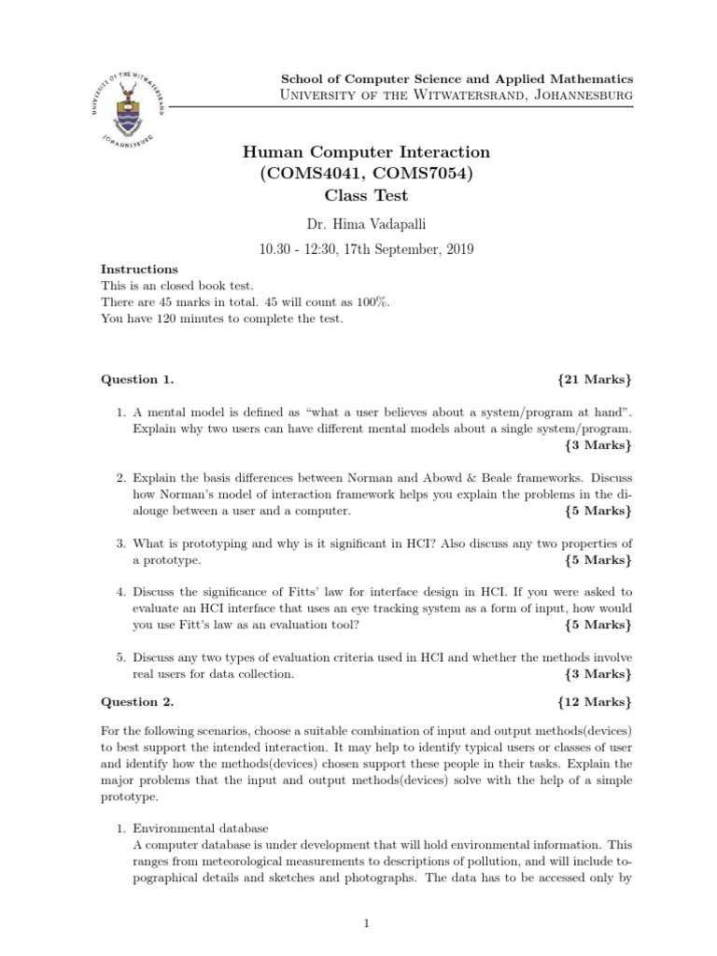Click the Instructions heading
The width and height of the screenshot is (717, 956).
click(x=139, y=269)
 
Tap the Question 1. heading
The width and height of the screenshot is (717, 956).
click(x=137, y=380)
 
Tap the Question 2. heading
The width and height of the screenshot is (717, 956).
click(x=137, y=700)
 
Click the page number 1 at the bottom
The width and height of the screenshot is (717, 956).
click(x=367, y=924)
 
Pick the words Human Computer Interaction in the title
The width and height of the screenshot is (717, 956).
click(x=366, y=152)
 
